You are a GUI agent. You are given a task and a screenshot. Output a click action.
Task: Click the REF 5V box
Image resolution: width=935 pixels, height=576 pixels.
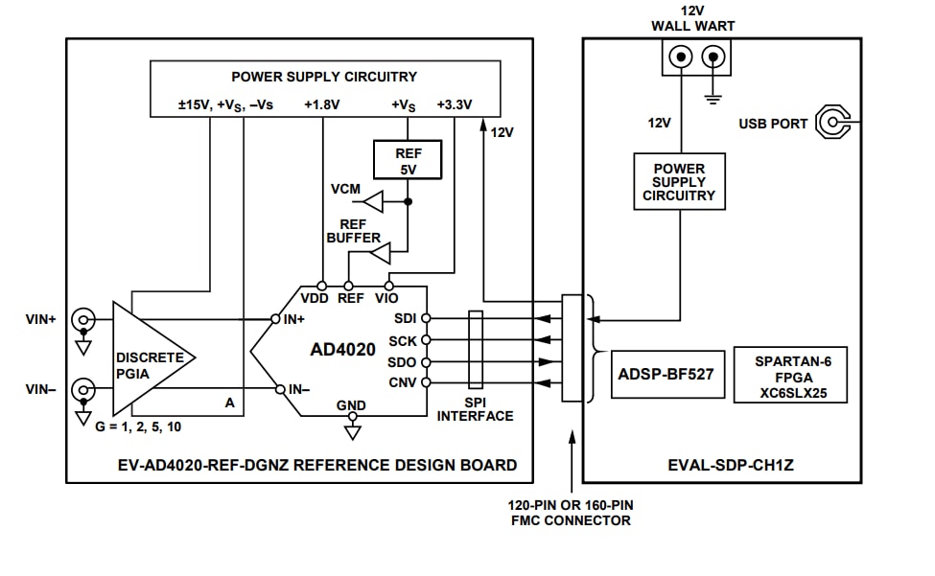[x=408, y=160]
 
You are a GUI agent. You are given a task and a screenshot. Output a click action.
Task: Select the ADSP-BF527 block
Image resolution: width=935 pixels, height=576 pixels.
[x=666, y=375]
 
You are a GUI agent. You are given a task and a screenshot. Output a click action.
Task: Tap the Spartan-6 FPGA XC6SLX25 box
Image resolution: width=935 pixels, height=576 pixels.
[x=790, y=375]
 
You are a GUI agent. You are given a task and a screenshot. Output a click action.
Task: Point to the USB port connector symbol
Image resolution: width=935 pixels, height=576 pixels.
[x=831, y=123]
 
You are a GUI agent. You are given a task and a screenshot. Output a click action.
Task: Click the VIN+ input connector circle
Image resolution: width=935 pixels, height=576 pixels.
[x=83, y=318]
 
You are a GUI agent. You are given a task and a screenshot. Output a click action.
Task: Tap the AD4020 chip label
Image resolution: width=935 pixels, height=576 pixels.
[x=342, y=351]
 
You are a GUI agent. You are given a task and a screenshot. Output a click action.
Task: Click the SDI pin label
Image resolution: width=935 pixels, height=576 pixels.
[x=405, y=317]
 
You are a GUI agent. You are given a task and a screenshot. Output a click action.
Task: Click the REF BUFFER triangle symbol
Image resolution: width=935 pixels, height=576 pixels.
[x=380, y=253]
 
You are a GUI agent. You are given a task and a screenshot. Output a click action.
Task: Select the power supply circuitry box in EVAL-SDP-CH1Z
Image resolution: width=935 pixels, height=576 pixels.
[x=679, y=182]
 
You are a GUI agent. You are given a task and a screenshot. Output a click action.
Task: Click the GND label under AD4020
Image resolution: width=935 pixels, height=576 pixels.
[x=351, y=405]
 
